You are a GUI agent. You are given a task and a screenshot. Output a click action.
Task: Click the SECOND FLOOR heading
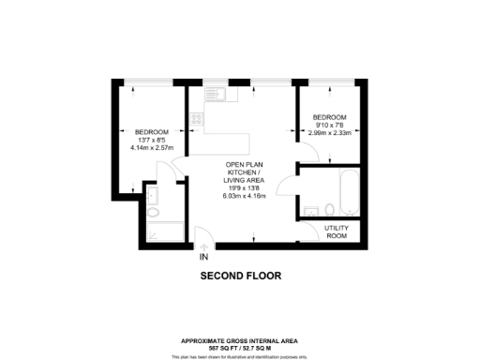(241, 277)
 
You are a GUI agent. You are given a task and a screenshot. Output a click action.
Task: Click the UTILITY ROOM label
(336, 232)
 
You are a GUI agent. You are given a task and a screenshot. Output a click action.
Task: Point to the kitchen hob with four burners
(196, 119)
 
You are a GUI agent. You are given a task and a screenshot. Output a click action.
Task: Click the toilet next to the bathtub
(329, 208)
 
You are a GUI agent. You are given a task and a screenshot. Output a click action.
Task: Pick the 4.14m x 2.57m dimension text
(153, 147)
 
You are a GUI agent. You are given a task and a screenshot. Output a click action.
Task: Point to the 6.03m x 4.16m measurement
(245, 196)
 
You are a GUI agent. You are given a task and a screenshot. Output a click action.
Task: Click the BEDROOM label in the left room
(152, 131)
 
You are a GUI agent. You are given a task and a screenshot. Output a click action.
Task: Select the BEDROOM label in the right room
(330, 116)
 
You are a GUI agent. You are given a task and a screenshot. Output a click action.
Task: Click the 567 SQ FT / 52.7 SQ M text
(241, 347)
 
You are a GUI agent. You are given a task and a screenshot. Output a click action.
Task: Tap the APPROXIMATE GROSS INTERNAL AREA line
(241, 340)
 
